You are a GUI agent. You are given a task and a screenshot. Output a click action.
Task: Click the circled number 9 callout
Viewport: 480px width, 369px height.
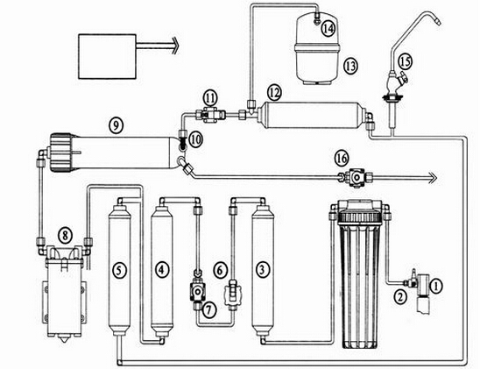(x=116, y=125)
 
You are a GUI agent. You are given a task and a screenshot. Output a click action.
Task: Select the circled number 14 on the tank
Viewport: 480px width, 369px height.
(x=328, y=28)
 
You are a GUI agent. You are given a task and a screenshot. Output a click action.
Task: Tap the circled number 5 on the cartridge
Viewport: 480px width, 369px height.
(x=119, y=271)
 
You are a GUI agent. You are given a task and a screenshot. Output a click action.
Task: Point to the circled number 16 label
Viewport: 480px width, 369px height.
(x=342, y=159)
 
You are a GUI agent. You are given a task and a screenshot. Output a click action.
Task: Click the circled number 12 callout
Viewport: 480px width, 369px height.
(x=274, y=92)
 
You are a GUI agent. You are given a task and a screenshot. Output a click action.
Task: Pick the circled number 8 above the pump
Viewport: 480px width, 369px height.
(x=65, y=236)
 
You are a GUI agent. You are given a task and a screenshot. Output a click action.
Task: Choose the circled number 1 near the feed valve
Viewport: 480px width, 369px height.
(x=436, y=287)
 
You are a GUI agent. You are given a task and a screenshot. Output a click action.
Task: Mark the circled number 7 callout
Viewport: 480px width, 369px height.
(x=208, y=309)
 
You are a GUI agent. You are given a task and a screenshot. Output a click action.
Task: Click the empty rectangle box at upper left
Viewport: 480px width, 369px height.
(x=107, y=56)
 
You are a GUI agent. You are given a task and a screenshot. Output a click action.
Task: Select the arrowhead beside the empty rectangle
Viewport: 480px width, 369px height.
(x=174, y=46)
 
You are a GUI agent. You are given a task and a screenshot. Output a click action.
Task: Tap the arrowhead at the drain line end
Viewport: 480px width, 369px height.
(x=432, y=177)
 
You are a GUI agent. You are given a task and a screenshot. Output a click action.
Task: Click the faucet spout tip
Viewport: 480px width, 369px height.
(x=438, y=22)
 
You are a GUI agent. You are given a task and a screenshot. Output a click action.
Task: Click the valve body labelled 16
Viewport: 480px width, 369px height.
(x=355, y=177)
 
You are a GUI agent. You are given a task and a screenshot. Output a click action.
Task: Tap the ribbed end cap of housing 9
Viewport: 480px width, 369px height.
(x=62, y=153)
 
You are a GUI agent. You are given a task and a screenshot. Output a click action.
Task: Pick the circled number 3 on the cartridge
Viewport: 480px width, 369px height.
(x=263, y=270)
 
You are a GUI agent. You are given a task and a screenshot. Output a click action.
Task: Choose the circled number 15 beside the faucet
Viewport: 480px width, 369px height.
(x=405, y=61)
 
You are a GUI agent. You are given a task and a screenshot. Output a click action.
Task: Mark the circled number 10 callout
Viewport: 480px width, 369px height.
(x=195, y=140)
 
